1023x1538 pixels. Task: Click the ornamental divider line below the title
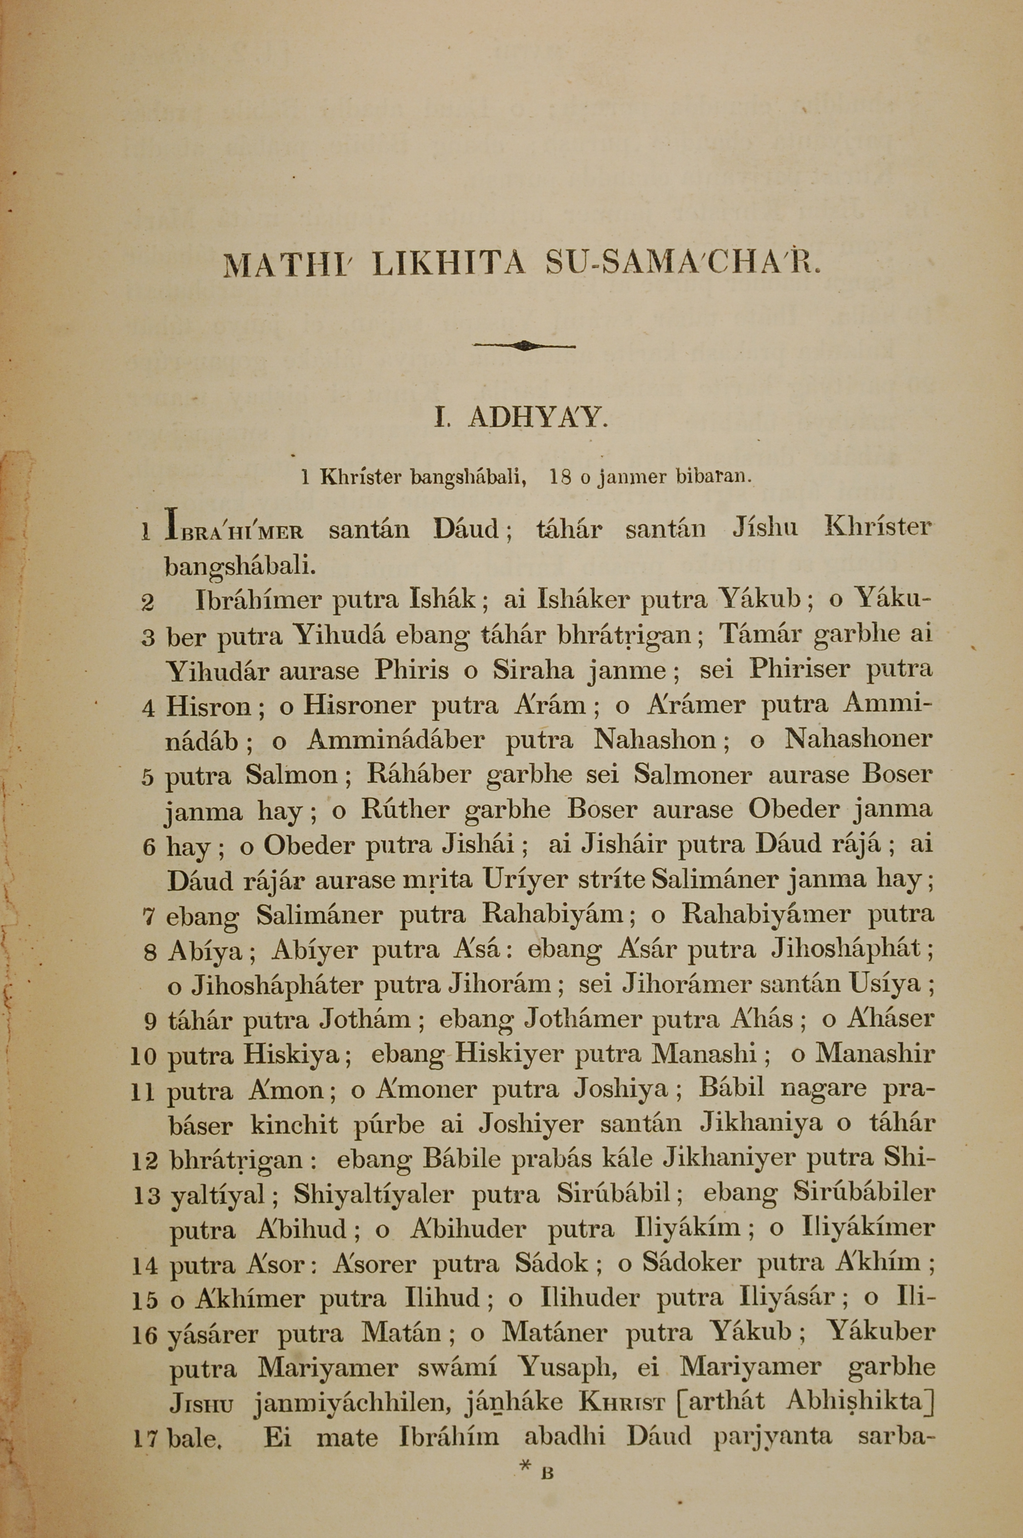524,346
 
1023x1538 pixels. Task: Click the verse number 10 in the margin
145,1056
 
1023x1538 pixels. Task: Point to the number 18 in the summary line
561,478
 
